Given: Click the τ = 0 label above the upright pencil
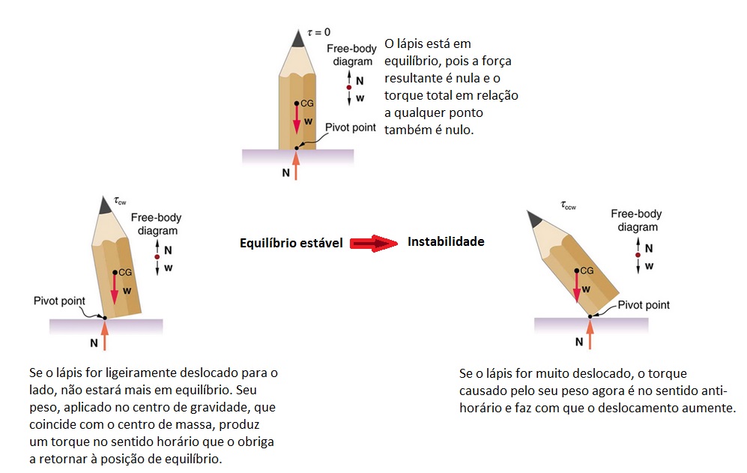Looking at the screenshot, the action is pos(318,32).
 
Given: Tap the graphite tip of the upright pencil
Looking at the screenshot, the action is pos(298,38).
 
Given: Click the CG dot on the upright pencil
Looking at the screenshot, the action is pos(296,103).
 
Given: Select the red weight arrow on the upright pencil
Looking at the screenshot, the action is pos(296,118).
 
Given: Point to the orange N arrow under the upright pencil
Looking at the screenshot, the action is pos(296,166).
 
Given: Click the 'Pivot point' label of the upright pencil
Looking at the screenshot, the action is pos(350,127).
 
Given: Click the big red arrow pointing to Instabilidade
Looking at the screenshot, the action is pos(373,243).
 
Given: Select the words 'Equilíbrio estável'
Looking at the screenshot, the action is pos(291,243).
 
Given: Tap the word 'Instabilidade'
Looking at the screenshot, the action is pos(446,241).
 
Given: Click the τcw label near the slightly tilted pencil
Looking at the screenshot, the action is pos(120,201).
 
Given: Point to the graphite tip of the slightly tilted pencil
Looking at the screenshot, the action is pos(104,205).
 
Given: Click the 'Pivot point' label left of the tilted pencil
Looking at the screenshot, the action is pos(59,301).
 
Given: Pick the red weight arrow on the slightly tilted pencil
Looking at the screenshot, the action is pos(115,289).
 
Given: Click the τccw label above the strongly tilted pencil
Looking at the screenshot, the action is pos(569,205).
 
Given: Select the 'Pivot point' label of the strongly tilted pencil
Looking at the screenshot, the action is pos(644,305).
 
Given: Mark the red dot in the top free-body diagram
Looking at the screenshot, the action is pos(348,87).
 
